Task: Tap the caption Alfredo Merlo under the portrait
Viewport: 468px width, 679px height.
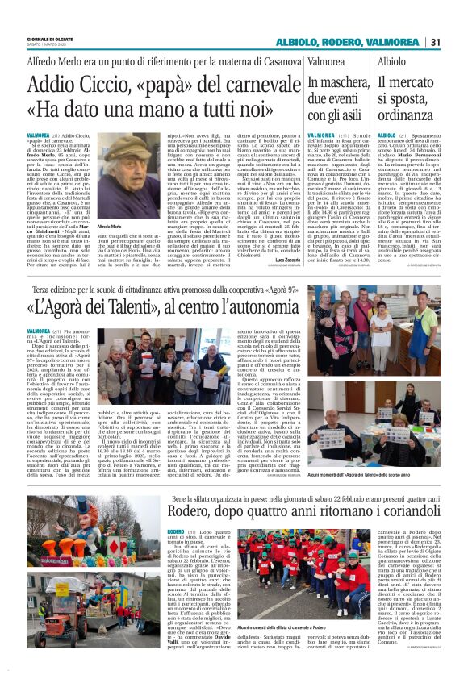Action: point(108,228)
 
